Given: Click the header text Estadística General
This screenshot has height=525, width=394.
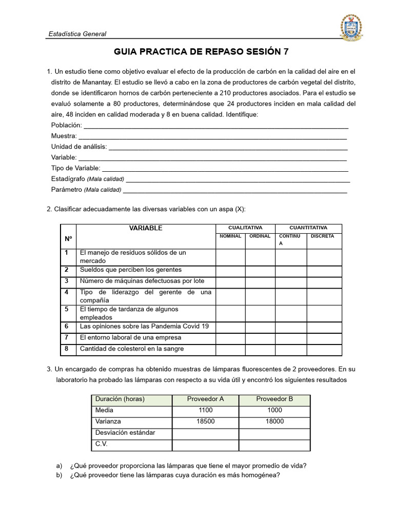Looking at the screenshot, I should pos(77,34).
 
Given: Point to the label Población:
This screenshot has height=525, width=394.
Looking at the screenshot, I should pos(67,125).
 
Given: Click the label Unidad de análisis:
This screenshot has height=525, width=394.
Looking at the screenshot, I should pos(79,147).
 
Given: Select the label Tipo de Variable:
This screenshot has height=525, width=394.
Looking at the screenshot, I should pos(76,168).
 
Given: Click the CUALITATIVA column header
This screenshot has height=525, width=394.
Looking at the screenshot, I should pos(245,228).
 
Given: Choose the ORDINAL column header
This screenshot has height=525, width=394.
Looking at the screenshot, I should pos(260,236).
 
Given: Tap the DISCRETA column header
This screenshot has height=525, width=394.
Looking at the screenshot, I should pos(322,236).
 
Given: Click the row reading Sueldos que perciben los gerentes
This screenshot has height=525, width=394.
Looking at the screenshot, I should pos(130,270).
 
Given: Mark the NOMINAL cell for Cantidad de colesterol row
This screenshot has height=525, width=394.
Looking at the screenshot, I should pos(230,349).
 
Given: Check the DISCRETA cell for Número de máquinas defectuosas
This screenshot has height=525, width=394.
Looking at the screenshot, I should pos(324,281).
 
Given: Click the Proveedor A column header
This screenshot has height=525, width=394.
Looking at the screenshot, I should pos(205,399).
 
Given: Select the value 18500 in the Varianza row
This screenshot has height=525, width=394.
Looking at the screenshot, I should pos(205,421).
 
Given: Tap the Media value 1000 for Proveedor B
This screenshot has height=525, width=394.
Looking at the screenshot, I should pos(274,410).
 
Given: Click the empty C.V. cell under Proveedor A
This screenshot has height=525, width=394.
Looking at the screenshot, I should pos(205,444).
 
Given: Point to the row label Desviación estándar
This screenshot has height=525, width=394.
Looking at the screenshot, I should pos(125,433).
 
